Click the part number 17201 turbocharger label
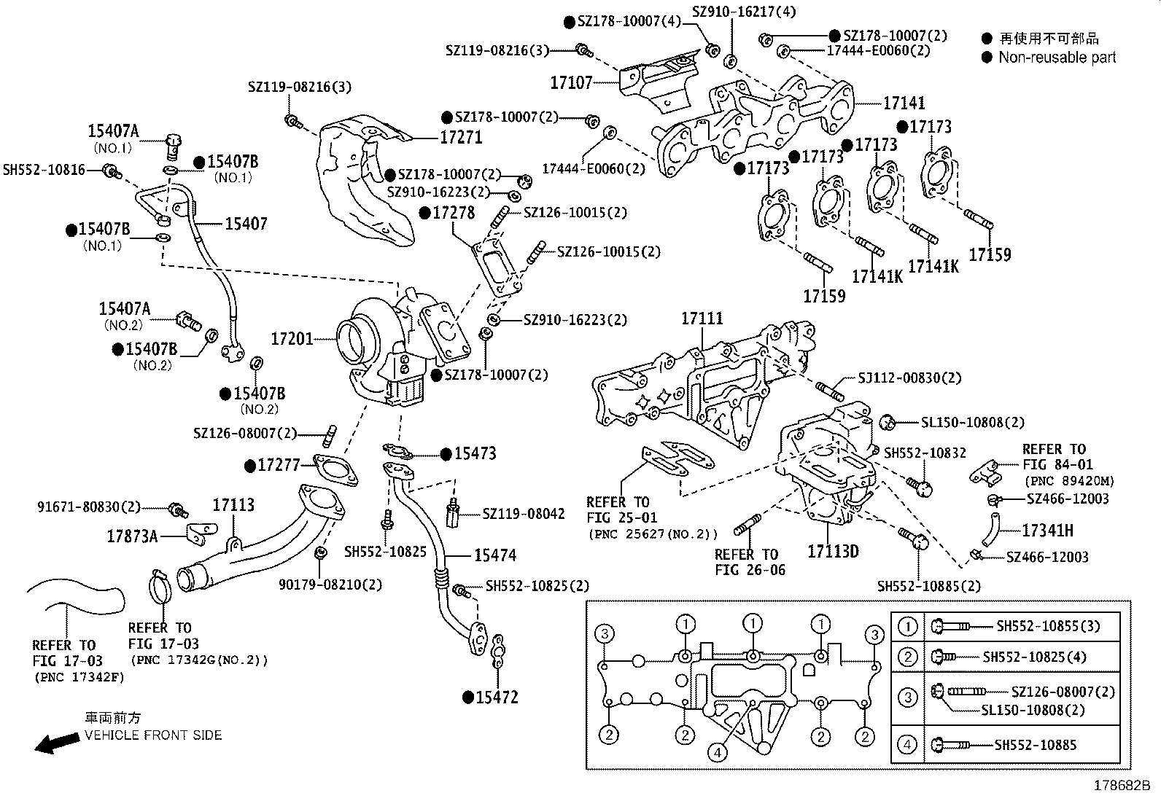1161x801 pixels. pos(292,339)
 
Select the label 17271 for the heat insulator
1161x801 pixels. pos(461,138)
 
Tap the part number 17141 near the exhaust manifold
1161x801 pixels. pos(904,103)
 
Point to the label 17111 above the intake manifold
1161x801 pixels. pos(702,319)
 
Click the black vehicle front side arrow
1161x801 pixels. pos(58,742)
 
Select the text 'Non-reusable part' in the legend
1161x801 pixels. pos(1057,58)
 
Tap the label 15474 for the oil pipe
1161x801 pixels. pos(494,555)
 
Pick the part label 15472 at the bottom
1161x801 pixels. pos(497,698)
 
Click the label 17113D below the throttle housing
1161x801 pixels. pos(833,551)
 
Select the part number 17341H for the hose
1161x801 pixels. pos(1047,531)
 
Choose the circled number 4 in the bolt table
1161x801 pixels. pos(907,745)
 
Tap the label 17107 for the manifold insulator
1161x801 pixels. pos(571,83)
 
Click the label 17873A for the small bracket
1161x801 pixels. pos(132,537)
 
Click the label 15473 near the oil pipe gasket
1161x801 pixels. pos(475,453)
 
